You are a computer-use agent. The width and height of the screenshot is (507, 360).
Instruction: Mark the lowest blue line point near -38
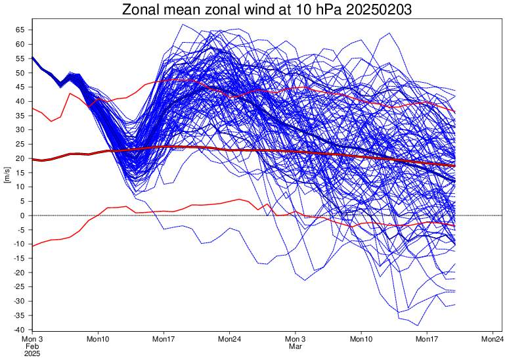pos(418,325)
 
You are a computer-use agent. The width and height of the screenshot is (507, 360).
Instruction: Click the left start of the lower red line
pos(32,246)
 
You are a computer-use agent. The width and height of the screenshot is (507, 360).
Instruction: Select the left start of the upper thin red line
pos(32,108)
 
